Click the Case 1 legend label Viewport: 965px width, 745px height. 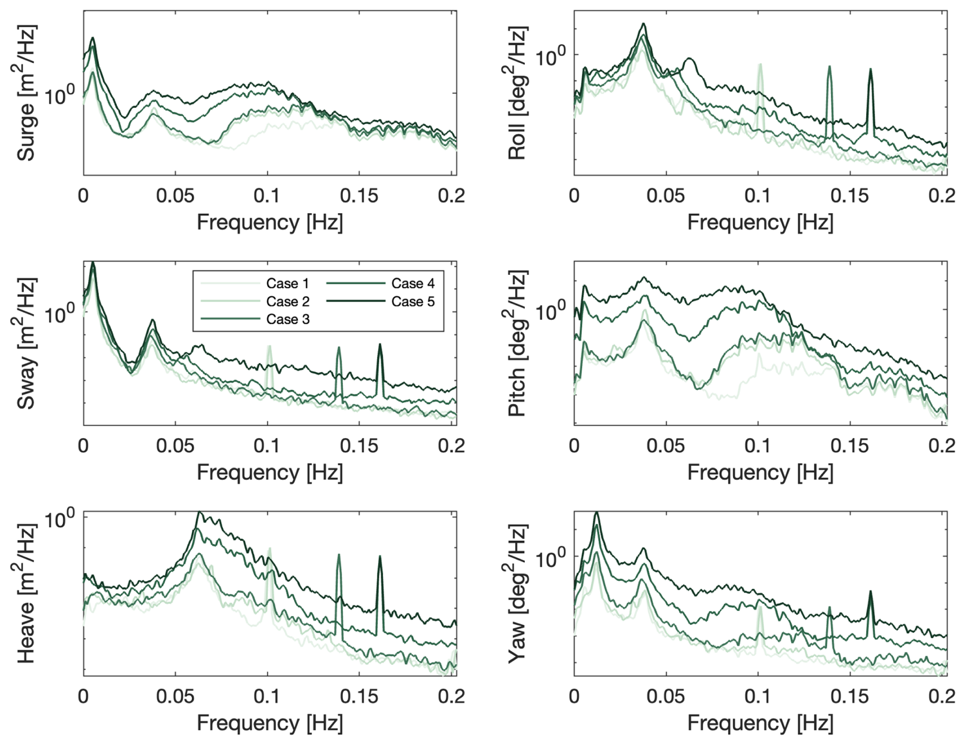[x=287, y=284]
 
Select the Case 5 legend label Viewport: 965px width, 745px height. [x=413, y=301]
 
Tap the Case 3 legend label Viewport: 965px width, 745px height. [x=287, y=319]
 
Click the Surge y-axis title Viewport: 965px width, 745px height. [x=26, y=93]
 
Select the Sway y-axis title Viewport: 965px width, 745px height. [x=26, y=343]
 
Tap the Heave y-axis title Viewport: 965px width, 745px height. [x=26, y=593]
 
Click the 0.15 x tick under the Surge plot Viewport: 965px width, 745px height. [x=359, y=196]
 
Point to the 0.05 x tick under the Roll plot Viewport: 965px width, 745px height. [x=665, y=196]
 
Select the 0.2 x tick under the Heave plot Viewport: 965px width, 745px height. [x=451, y=696]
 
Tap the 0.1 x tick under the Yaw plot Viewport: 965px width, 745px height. [x=757, y=696]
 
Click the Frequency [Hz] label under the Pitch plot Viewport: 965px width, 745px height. [x=760, y=473]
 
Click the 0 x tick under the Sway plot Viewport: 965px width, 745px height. [x=83, y=446]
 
